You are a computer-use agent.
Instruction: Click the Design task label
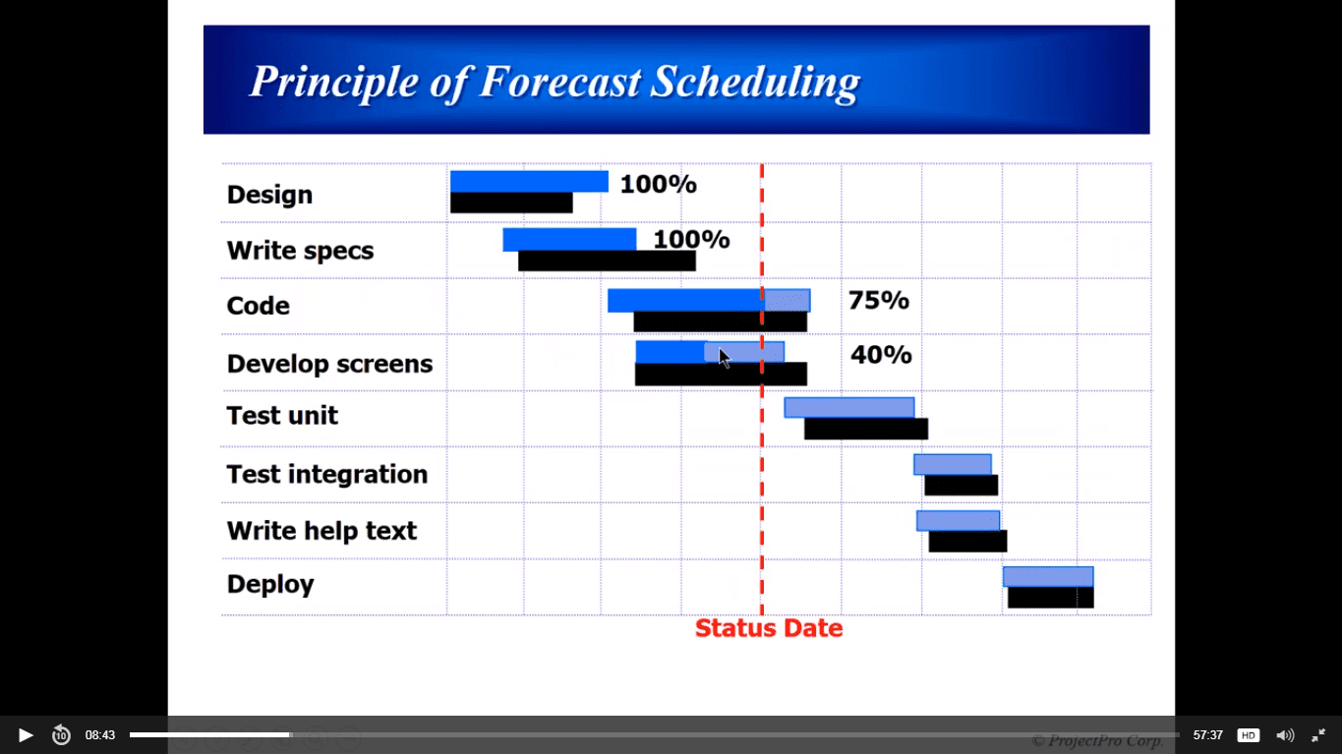pos(269,196)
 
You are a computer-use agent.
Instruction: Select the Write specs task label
pos(300,251)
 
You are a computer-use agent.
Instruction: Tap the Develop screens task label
pos(329,364)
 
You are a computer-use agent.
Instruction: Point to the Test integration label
pos(327,475)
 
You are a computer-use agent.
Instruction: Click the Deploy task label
pos(270,585)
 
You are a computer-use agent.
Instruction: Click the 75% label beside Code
pos(879,300)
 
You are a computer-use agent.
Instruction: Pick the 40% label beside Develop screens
pos(881,355)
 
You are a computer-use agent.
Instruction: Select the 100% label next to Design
pos(659,184)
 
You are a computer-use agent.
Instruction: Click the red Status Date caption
pos(769,628)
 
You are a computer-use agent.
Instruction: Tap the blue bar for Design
pos(529,182)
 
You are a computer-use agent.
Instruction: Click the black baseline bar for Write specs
pos(607,261)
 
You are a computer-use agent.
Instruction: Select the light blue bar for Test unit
pos(848,407)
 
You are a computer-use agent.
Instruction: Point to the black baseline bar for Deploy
pos(1051,598)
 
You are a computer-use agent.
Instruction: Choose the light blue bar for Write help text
pos(958,520)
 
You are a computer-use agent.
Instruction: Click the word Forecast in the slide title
pos(560,82)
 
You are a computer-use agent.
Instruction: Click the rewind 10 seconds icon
pos(61,735)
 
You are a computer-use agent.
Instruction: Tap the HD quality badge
pos(1249,735)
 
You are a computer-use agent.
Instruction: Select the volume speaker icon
pos(1285,735)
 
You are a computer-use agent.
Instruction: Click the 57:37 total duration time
pos(1207,735)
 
